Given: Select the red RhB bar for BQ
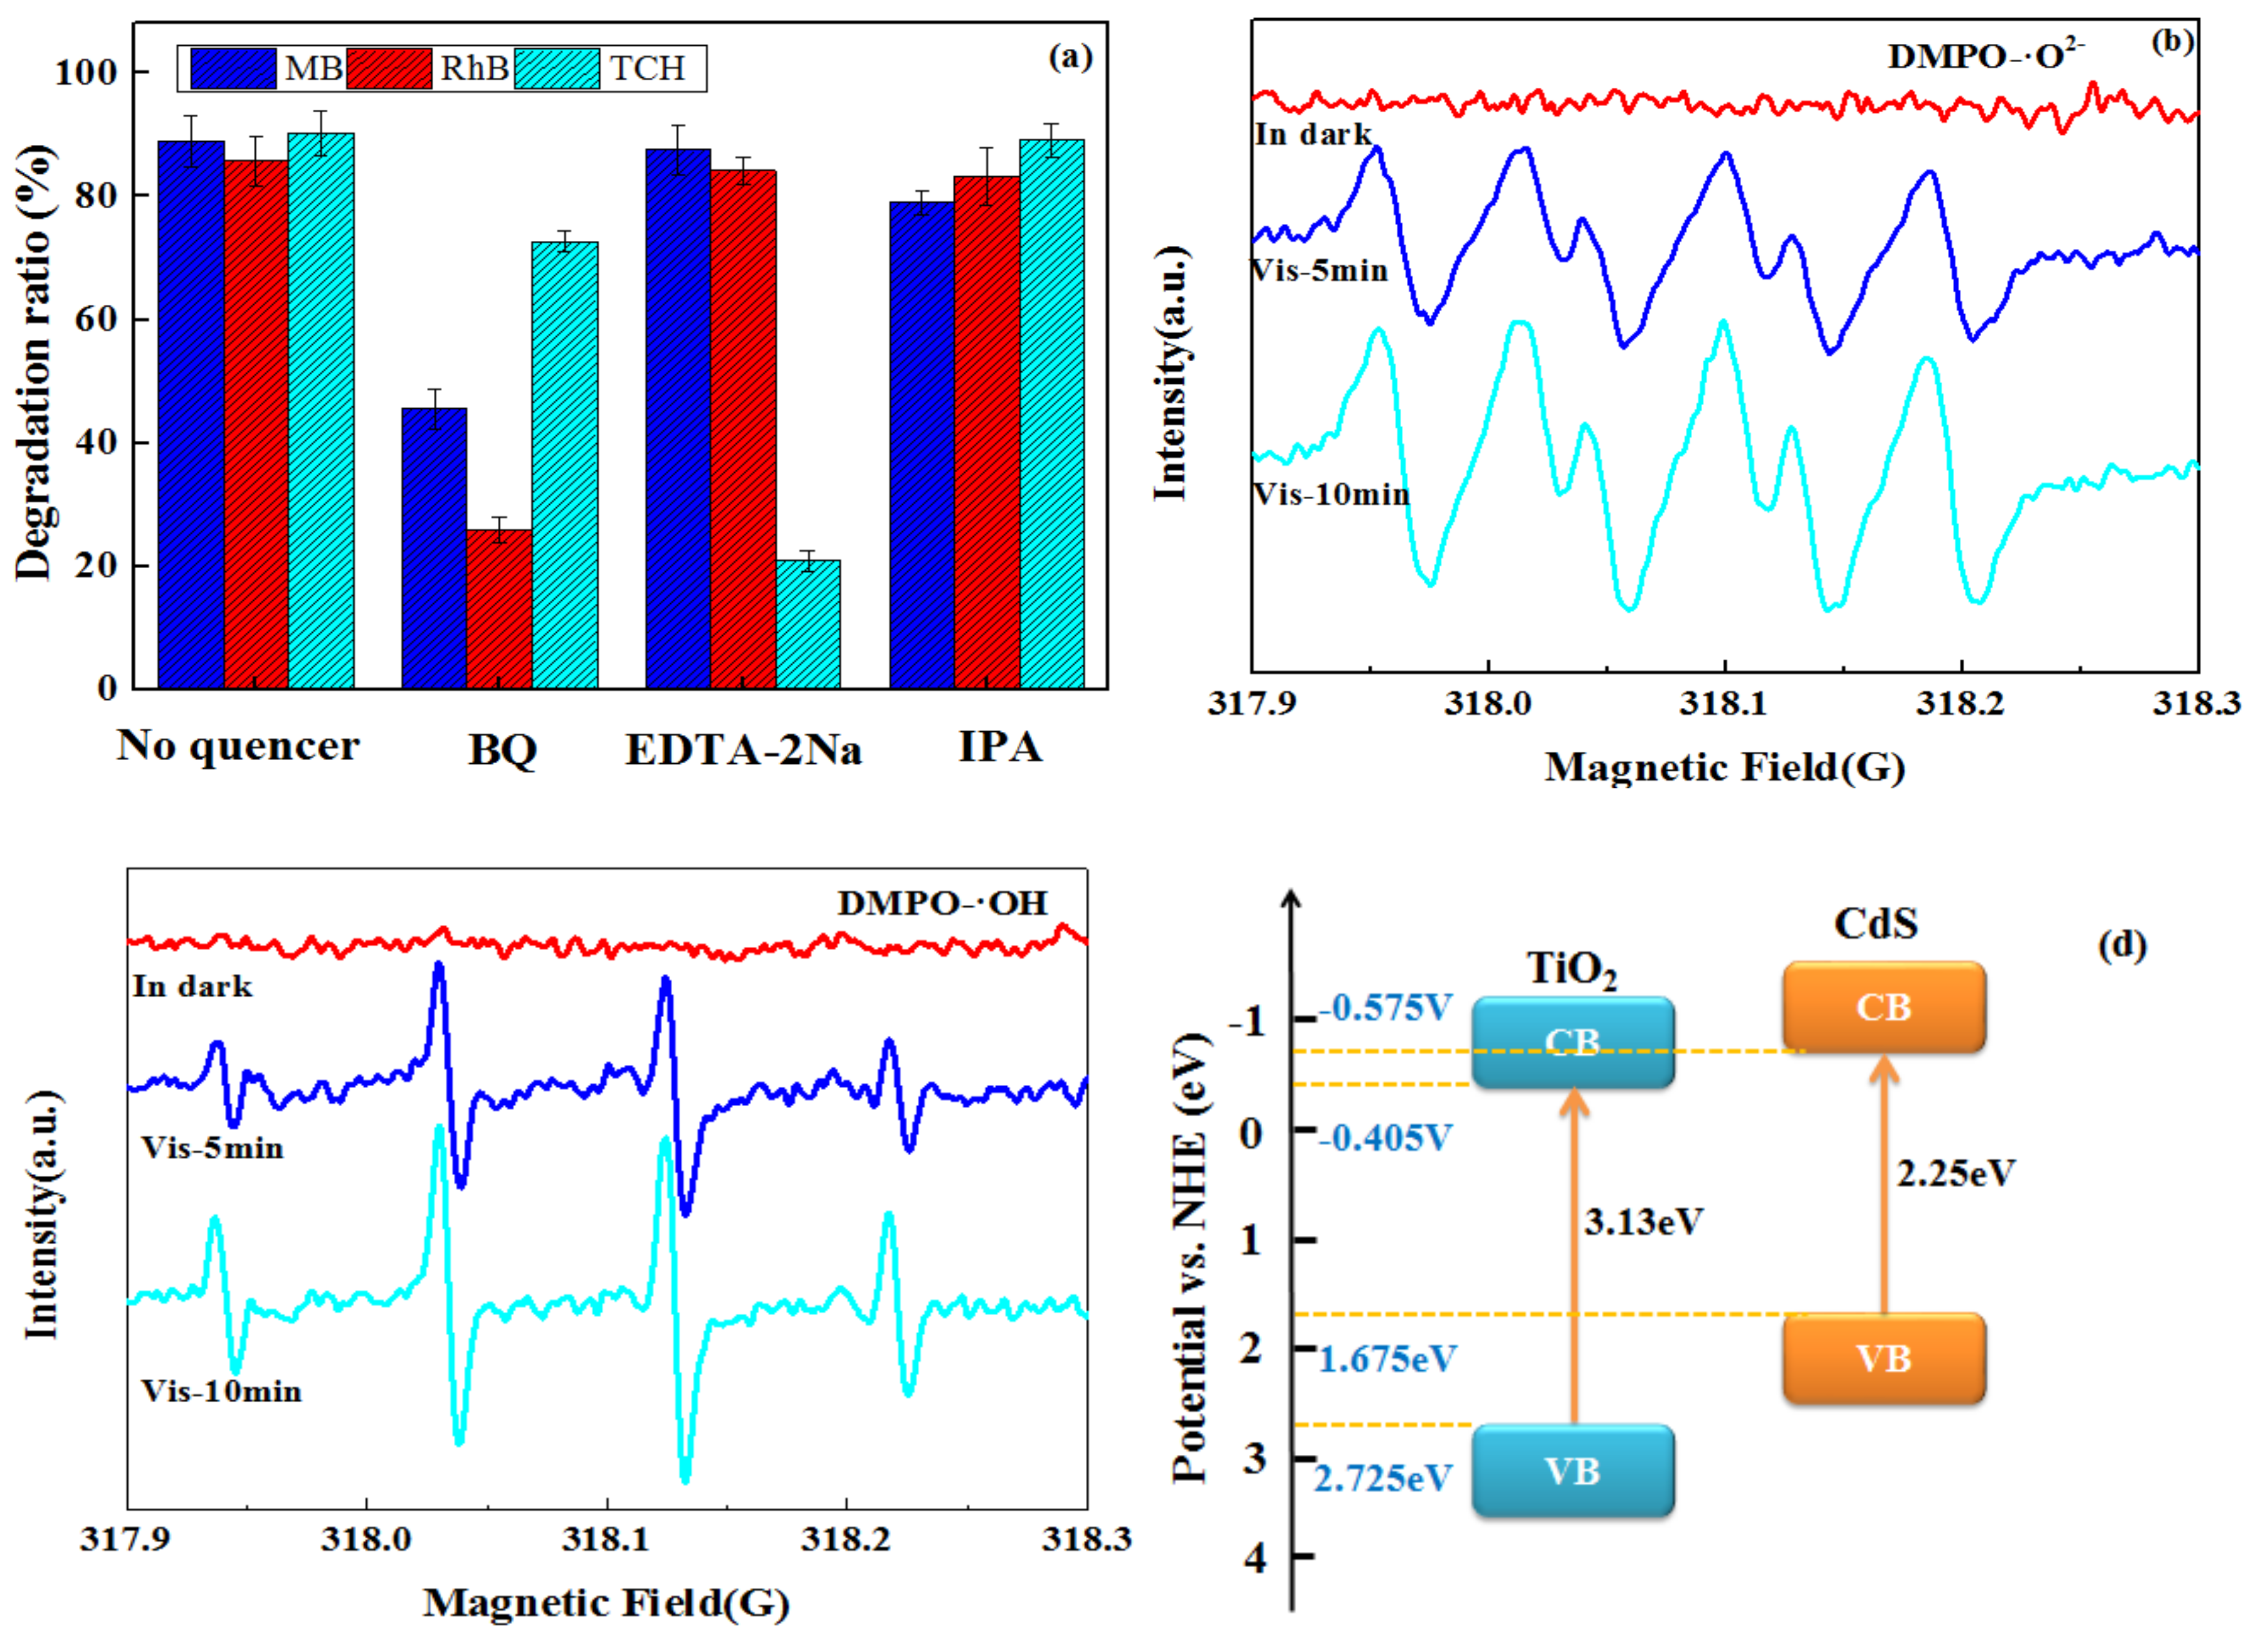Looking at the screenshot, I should coord(498,608).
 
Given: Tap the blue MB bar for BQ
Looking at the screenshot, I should coord(434,549).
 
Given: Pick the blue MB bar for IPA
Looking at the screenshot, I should coord(922,444).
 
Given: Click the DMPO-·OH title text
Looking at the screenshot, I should coord(942,903).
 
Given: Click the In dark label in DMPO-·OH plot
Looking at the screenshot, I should coord(192,986).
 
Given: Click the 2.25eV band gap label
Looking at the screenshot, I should coord(1955,1173).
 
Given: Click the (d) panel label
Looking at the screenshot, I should coord(2122,944).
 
